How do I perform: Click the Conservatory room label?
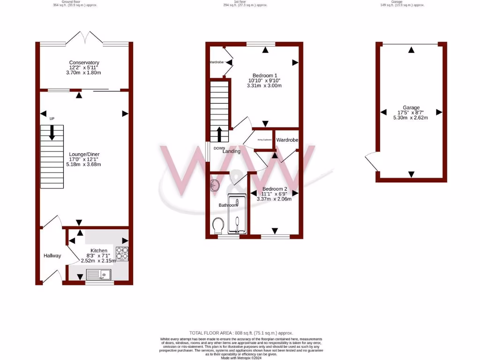84,63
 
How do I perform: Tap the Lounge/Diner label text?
84,154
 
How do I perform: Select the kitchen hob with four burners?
122,254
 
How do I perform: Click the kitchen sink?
98,275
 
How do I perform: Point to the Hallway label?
52,255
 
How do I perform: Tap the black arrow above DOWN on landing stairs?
219,134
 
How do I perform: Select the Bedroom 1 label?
265,75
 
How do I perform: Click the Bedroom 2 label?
274,188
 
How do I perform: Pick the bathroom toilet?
218,226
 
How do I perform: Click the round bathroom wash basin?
215,185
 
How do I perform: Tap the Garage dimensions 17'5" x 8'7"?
411,112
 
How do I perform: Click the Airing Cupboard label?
264,140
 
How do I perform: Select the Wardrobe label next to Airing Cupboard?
287,140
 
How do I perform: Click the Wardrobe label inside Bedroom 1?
216,62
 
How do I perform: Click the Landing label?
231,151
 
